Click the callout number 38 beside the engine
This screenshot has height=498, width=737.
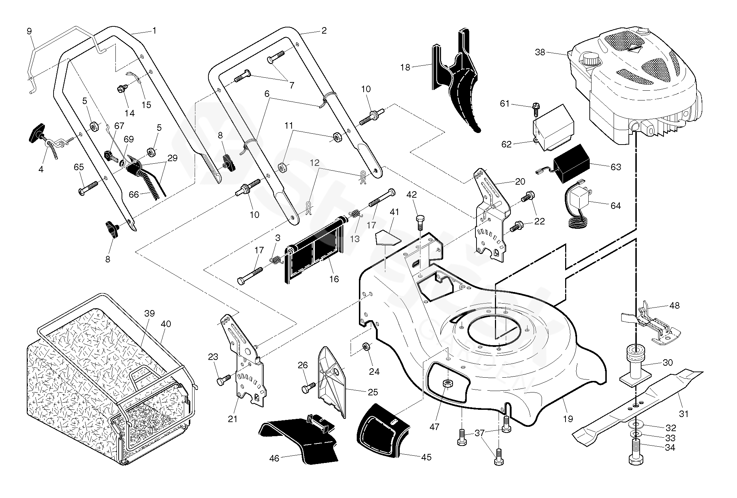pos(540,52)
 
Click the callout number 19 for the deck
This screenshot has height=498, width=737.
pos(568,419)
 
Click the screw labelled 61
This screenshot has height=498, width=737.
pos(535,107)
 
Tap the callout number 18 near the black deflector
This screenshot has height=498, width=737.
pos(405,67)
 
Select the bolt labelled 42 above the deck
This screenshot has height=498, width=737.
pos(420,221)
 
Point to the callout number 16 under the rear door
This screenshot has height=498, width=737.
pos(334,279)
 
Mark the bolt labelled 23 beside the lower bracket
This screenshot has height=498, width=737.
pos(222,381)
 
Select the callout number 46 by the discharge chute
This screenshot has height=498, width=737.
pos(274,458)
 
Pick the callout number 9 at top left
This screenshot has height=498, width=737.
pos(29,31)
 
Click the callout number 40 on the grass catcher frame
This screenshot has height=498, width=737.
pos(166,324)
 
